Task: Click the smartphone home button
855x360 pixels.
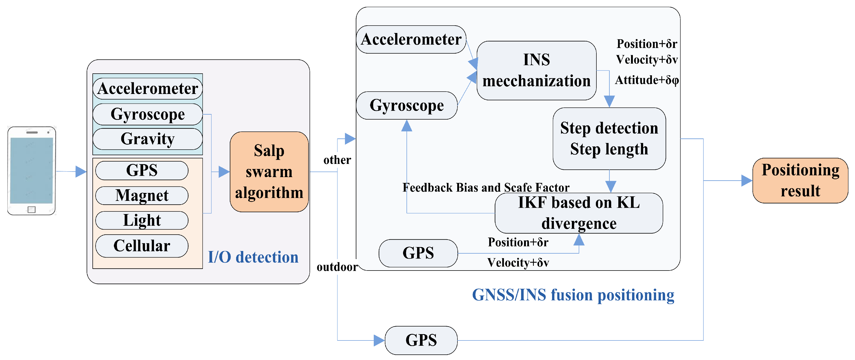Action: pos(31,209)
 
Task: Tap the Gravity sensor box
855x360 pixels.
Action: pos(147,139)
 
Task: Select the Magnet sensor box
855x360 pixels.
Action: pos(142,195)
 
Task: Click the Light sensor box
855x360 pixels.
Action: pos(142,220)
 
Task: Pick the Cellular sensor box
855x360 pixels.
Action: pos(142,246)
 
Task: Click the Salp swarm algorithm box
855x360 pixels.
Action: pos(269,172)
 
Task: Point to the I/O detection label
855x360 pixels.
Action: pos(253,257)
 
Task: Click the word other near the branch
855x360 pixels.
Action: pos(337,160)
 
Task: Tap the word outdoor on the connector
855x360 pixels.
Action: pos(337,267)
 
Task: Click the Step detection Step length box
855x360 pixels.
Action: pos(609,139)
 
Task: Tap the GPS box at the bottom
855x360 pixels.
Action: pos(421,340)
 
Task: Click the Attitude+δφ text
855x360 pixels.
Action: pos(646,80)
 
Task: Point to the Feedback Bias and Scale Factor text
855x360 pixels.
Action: pos(485,187)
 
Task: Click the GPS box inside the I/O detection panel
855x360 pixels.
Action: pos(142,170)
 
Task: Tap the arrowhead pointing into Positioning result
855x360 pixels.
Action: pos(746,181)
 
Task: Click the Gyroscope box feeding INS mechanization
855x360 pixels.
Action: pos(406,106)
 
